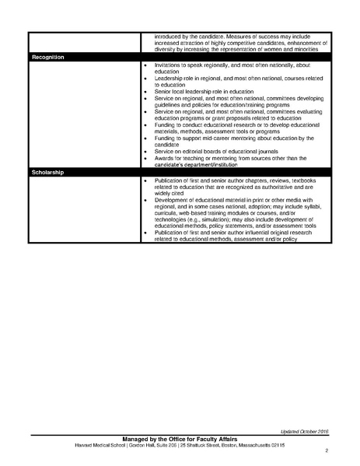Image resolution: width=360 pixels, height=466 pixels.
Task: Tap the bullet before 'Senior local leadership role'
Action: click(145, 92)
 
